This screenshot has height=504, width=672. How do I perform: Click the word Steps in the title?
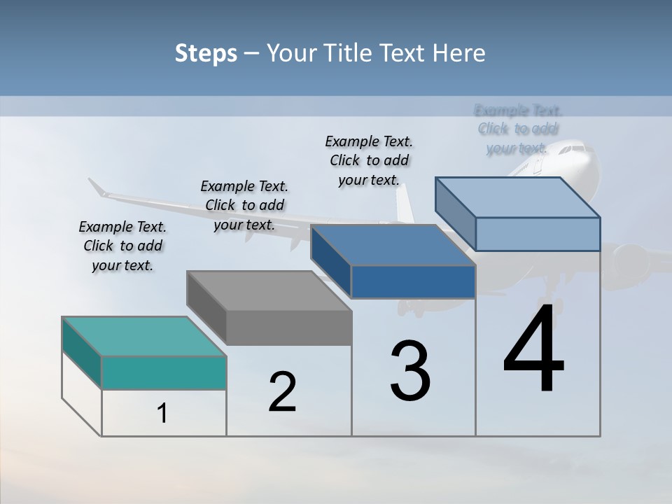tap(206, 53)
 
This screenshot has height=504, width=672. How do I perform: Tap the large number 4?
tap(534, 350)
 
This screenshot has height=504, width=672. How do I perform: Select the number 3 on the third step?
tap(410, 371)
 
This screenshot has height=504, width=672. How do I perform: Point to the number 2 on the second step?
tap(283, 392)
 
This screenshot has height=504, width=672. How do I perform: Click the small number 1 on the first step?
tap(162, 414)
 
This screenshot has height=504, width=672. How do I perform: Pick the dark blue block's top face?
tap(392, 245)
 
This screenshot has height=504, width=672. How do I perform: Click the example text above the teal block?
tap(122, 246)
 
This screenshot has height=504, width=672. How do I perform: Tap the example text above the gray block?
tap(244, 205)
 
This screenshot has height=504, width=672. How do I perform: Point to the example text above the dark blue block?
tap(369, 160)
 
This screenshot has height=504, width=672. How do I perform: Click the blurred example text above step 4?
tap(518, 129)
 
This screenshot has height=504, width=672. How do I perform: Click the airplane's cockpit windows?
tap(575, 148)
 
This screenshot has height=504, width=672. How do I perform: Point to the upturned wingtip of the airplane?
tap(97, 187)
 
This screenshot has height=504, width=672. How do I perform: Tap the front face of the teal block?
tap(164, 372)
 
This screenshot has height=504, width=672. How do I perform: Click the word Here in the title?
tap(458, 53)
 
